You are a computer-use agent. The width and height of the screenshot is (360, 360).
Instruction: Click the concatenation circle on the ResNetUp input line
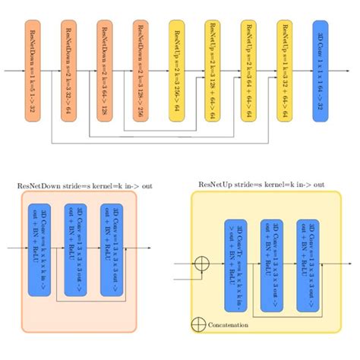point(203,264)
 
